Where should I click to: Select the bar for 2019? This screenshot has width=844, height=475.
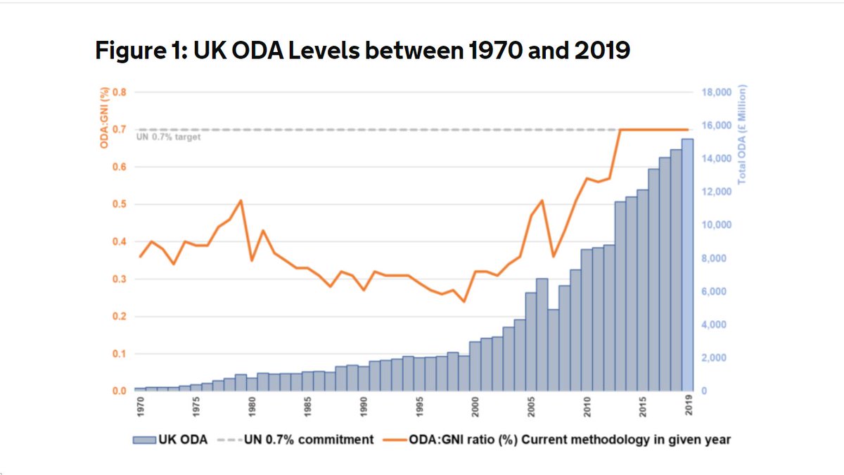coord(687,265)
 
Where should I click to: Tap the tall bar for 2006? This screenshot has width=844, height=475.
coord(542,334)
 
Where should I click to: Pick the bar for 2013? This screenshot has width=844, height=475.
coord(620,296)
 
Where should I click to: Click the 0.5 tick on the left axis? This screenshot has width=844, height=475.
coord(120,205)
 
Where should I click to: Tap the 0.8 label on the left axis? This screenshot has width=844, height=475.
coord(120,93)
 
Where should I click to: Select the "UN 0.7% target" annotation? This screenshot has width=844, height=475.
coord(168,137)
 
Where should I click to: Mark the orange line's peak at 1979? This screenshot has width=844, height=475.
coord(241,201)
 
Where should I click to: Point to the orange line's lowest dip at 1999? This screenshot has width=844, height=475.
coord(464,301)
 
